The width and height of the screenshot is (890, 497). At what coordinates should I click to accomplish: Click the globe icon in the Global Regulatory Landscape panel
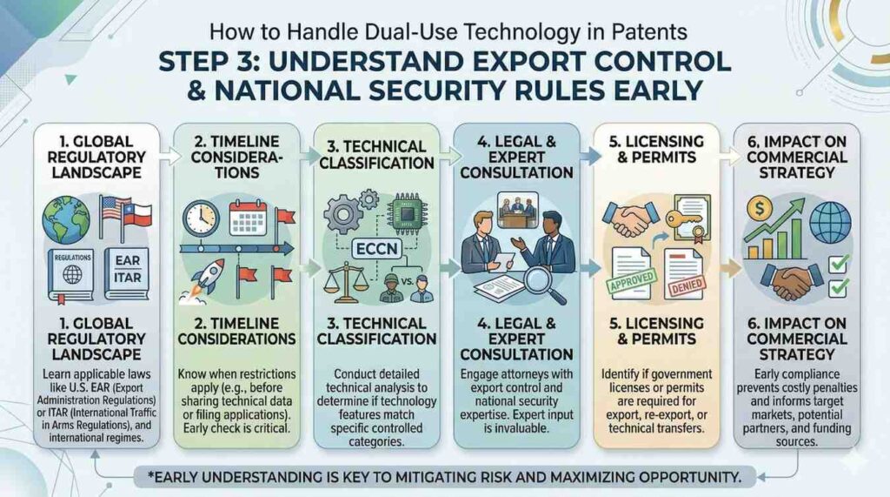pyautogui.click(x=66, y=219)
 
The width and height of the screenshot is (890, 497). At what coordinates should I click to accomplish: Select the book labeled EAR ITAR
pyautogui.click(x=127, y=273)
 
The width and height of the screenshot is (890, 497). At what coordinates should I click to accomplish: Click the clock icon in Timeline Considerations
pyautogui.click(x=201, y=219)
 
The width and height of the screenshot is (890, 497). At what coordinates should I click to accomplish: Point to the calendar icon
pyautogui.click(x=248, y=218)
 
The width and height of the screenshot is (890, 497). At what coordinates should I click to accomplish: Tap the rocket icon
pyautogui.click(x=204, y=279)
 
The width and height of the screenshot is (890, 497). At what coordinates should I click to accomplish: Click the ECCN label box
pyautogui.click(x=377, y=249)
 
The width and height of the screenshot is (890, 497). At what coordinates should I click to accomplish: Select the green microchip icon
pyautogui.click(x=408, y=214)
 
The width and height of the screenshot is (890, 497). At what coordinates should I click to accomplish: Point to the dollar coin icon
pyautogui.click(x=760, y=209)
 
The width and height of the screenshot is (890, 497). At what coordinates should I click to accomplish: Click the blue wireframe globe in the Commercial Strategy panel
pyautogui.click(x=830, y=223)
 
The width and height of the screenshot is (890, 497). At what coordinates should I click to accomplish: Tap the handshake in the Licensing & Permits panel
pyautogui.click(x=631, y=218)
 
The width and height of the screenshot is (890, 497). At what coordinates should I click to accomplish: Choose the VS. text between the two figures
pyautogui.click(x=407, y=282)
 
